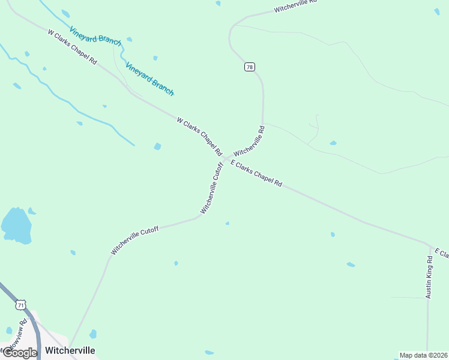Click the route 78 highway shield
249,67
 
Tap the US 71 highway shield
21,305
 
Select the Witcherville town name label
70,350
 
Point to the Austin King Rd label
429,277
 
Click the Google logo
19,352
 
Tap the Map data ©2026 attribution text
423,355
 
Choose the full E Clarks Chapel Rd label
256,174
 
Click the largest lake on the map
16,226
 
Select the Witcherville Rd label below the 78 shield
249,142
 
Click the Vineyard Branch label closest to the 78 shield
149,79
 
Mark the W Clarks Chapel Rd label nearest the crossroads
199,137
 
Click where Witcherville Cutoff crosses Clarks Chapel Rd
225,160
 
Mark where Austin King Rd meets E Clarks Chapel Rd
430,246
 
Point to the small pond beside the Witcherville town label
92,334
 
